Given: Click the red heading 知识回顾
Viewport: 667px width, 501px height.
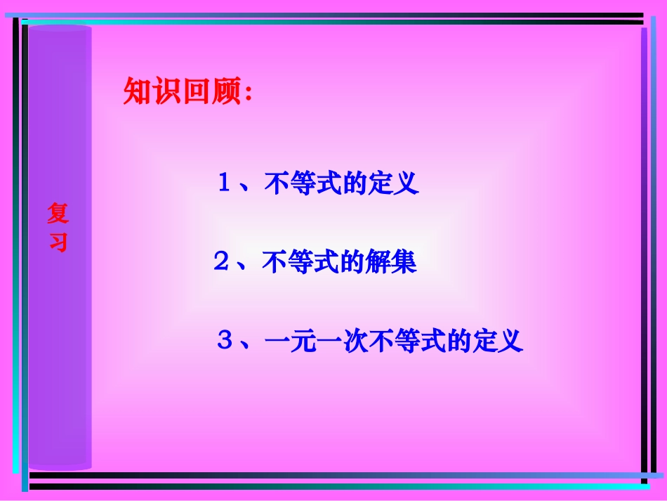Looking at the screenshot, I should coord(183,92).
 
